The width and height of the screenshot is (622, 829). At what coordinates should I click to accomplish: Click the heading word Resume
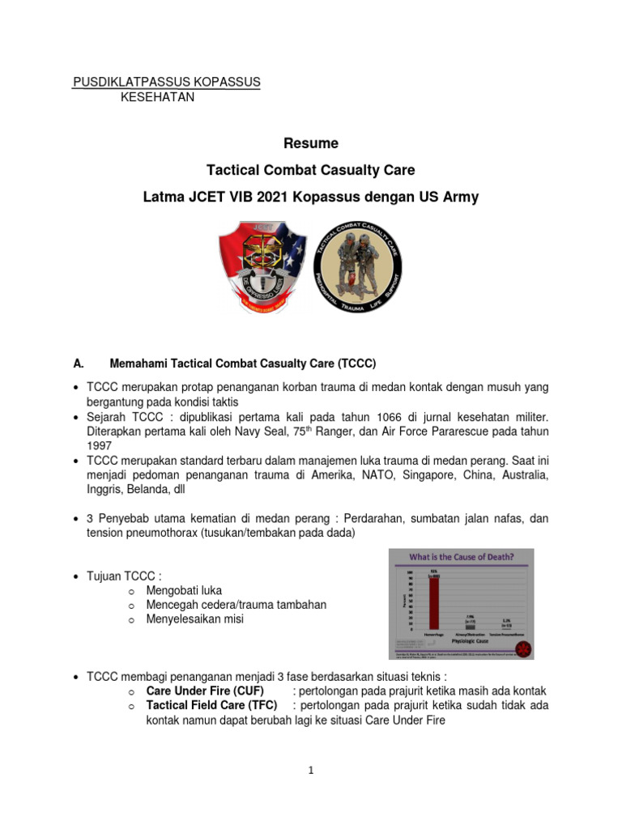point(311,143)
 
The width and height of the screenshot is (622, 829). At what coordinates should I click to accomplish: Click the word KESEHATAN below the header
point(158,97)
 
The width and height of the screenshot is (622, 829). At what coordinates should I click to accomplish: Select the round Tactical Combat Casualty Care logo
point(357,265)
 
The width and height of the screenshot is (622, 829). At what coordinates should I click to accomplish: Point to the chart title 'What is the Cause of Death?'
point(462,557)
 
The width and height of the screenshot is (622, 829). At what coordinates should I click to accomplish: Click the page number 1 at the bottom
point(311,771)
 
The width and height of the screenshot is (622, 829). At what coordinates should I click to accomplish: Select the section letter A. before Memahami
point(79,363)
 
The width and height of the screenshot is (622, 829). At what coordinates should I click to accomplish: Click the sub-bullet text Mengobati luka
point(184,590)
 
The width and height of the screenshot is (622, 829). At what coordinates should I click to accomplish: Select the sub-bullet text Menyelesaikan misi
point(195,619)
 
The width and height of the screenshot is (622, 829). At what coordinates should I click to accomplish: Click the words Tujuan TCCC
point(123,576)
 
